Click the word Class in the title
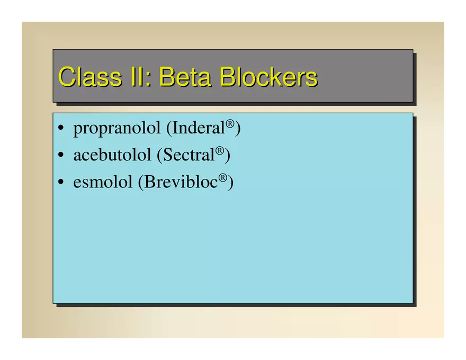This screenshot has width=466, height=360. pyautogui.click(x=90, y=77)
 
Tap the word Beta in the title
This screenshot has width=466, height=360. pyautogui.click(x=185, y=77)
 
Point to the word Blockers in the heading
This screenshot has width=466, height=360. pyautogui.click(x=268, y=77)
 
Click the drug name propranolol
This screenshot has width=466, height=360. pyautogui.click(x=117, y=129)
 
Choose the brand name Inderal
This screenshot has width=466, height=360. pyautogui.click(x=198, y=128)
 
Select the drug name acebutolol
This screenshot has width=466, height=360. pyautogui.click(x=112, y=155)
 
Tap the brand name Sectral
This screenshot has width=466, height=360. pyautogui.click(x=189, y=155)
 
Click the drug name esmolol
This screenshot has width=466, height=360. pyautogui.click(x=103, y=182)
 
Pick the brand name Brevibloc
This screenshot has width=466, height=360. pyautogui.click(x=181, y=182)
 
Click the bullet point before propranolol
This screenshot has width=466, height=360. pyautogui.click(x=61, y=128)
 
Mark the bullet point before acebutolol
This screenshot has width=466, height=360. pyautogui.click(x=61, y=155)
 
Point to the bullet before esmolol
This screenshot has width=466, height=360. pyautogui.click(x=61, y=182)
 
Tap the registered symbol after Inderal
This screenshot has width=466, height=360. pyautogui.click(x=230, y=123)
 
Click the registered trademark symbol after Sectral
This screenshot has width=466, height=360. pyautogui.click(x=220, y=150)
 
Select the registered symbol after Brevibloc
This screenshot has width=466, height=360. pyautogui.click(x=223, y=177)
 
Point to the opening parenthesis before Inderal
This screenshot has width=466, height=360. pyautogui.click(x=169, y=128)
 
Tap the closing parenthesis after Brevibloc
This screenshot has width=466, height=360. pyautogui.click(x=231, y=182)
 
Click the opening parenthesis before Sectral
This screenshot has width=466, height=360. pyautogui.click(x=159, y=155)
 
